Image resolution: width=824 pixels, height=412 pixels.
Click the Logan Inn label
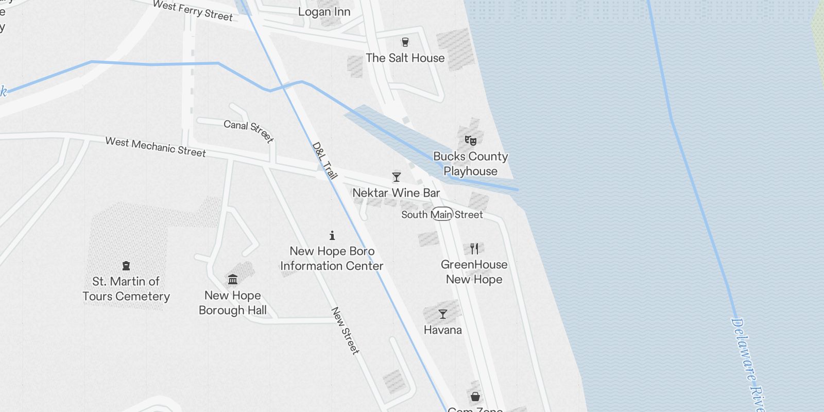pyautogui.click(x=324, y=12)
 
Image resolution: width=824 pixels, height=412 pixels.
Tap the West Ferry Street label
pyautogui.click(x=193, y=10)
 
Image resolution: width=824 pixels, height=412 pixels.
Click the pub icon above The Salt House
pyautogui.click(x=405, y=42)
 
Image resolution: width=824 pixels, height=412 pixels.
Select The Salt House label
pyautogui.click(x=405, y=58)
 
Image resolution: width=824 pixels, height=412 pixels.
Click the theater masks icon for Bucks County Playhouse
pyautogui.click(x=471, y=140)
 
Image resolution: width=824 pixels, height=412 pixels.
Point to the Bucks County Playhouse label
pyautogui.click(x=471, y=163)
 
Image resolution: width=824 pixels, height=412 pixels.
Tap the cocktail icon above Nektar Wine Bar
pyautogui.click(x=397, y=177)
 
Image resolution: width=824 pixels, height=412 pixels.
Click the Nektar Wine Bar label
pyautogui.click(x=396, y=193)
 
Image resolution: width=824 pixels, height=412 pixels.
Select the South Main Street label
pyautogui.click(x=442, y=214)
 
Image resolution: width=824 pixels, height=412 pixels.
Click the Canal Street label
pyautogui.click(x=249, y=130)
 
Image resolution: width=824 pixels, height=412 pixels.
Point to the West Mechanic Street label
pyautogui.click(x=156, y=147)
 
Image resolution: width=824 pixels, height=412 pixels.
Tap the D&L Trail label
pyautogui.click(x=325, y=161)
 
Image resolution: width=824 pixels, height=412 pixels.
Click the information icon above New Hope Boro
pyautogui.click(x=332, y=235)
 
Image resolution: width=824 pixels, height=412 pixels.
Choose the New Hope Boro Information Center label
pyautogui.click(x=332, y=259)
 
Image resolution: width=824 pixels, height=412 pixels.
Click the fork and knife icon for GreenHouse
pyautogui.click(x=474, y=249)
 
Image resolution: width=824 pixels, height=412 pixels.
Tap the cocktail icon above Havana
pyautogui.click(x=443, y=314)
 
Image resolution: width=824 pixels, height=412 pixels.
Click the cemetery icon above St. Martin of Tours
pyautogui.click(x=126, y=266)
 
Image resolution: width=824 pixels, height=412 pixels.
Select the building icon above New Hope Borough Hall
pyautogui.click(x=233, y=280)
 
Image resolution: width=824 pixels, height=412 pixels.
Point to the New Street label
pyautogui.click(x=345, y=331)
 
